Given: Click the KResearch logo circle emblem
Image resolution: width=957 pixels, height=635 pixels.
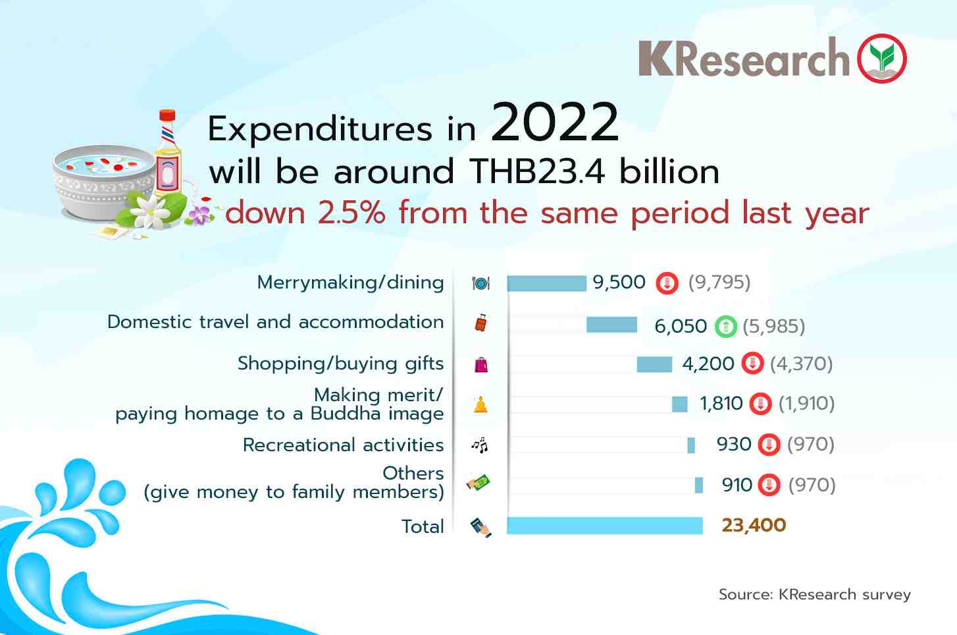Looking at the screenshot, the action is (881, 58).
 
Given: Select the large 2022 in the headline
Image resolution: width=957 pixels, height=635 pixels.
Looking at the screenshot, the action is (555, 123).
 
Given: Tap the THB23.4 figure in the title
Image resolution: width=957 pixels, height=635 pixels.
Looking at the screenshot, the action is (537, 172).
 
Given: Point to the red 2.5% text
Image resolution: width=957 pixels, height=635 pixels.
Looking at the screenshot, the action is (351, 213).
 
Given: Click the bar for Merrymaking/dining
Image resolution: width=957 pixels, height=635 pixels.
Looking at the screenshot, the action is (546, 283).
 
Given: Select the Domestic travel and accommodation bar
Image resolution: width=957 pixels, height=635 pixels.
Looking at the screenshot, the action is (612, 325).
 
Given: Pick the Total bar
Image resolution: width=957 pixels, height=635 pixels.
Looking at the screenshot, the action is (605, 526).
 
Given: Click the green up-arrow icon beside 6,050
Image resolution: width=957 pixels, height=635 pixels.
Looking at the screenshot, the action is (726, 326).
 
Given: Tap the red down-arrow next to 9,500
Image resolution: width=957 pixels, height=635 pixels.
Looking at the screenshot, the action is (667, 283).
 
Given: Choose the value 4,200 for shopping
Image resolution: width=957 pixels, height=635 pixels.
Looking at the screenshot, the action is (708, 364).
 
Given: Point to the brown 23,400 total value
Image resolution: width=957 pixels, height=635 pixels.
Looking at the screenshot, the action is (754, 526).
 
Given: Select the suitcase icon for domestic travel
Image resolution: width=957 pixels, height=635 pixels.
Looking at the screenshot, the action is (481, 323).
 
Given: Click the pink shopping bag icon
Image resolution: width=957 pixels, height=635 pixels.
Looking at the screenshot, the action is (481, 365).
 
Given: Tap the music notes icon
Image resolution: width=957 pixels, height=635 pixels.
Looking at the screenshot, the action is (480, 445).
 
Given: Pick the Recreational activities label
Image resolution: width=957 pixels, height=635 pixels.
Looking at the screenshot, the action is (343, 445).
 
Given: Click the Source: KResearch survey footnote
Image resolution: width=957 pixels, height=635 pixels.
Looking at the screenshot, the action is (815, 595).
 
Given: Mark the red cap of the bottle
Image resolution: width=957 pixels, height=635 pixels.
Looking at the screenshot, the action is (167, 115).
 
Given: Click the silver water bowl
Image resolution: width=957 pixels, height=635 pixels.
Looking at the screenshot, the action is (104, 182).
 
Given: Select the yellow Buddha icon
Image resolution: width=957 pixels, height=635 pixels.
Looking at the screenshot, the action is (480, 404).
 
